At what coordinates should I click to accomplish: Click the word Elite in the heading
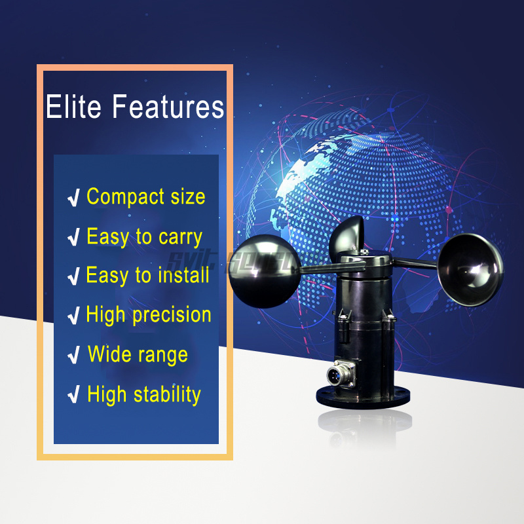point(73,107)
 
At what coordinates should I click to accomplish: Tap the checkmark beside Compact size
point(74,198)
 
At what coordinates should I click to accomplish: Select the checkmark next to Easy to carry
point(74,238)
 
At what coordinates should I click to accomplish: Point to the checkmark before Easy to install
point(74,276)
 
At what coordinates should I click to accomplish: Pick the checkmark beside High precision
point(74,316)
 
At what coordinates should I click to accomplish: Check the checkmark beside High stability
point(74,396)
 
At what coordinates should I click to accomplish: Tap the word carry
point(179,237)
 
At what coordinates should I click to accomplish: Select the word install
point(184,275)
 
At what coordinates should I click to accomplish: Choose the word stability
point(167,394)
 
